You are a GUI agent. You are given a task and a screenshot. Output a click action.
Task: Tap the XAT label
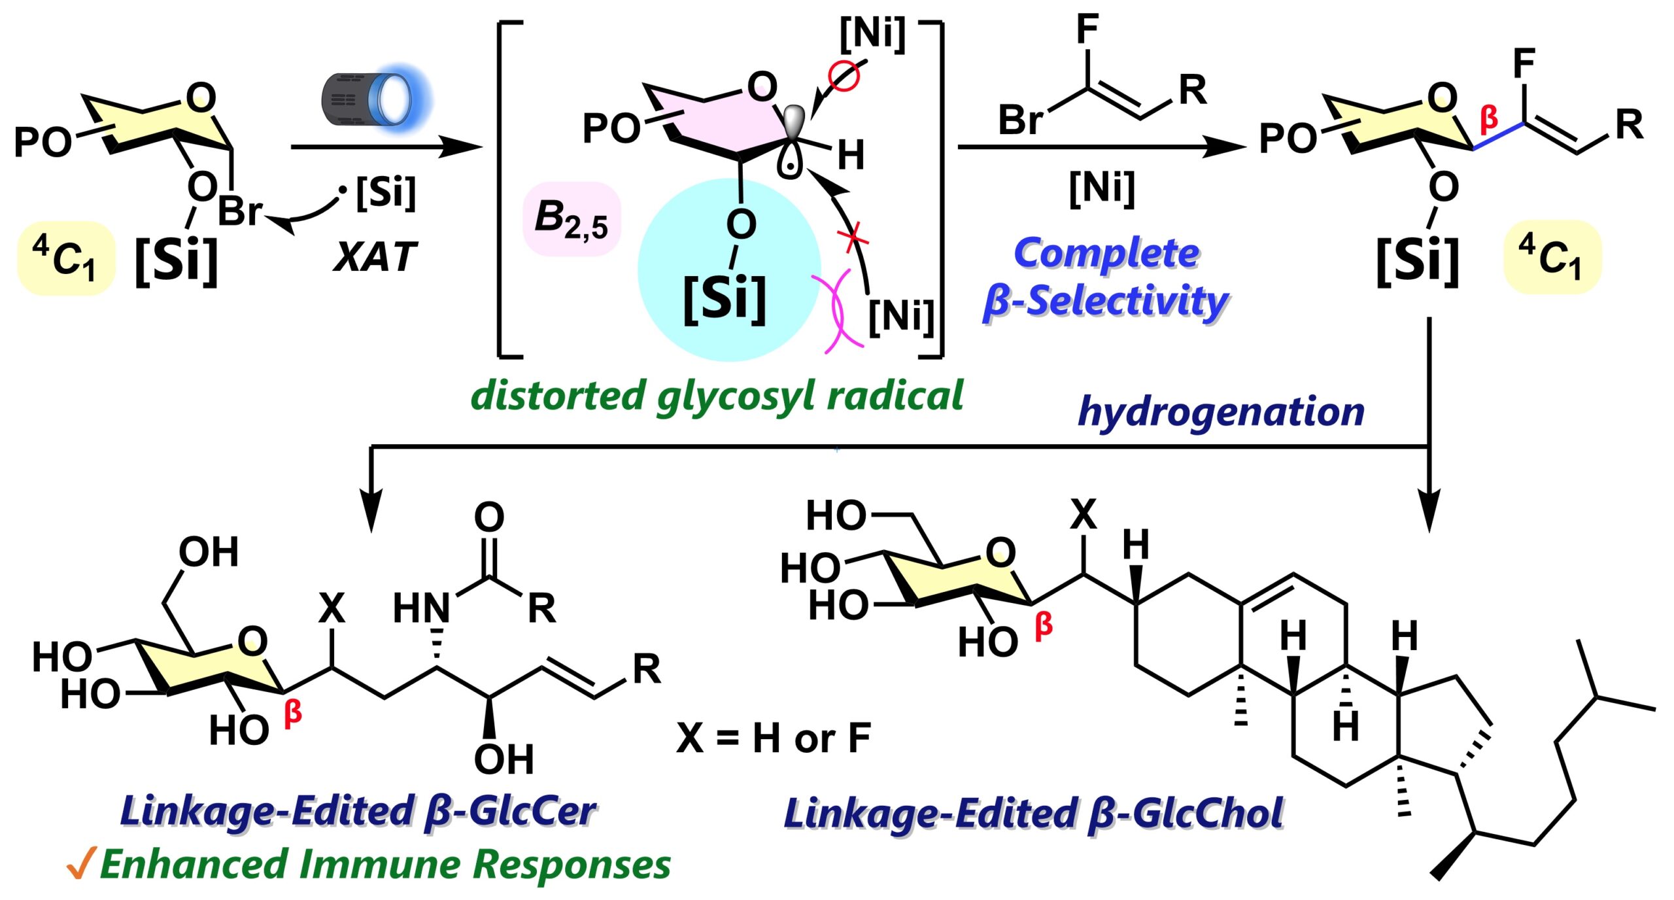click(x=374, y=256)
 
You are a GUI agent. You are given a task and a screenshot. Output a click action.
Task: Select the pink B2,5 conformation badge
click(x=571, y=218)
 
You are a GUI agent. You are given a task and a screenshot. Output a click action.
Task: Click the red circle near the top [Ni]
click(x=843, y=76)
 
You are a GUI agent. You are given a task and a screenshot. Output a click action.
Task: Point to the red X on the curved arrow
click(x=853, y=237)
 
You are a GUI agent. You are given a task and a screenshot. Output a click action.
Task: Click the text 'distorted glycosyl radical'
click(x=717, y=396)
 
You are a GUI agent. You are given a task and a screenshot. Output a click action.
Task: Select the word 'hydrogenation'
click(x=1220, y=411)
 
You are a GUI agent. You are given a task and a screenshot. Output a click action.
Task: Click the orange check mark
click(x=80, y=863)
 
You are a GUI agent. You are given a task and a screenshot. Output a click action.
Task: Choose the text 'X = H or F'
click(x=773, y=738)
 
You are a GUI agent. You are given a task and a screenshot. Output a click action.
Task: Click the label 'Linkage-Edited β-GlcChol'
click(x=1033, y=813)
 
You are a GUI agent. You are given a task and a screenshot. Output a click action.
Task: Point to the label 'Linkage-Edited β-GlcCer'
click(x=358, y=811)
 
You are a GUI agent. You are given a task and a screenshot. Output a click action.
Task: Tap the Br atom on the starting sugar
click(x=239, y=211)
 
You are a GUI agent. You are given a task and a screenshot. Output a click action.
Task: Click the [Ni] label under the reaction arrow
click(x=1102, y=188)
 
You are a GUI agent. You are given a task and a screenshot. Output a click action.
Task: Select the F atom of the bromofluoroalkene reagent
click(x=1087, y=29)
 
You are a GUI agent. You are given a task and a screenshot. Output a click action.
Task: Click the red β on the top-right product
click(x=1489, y=118)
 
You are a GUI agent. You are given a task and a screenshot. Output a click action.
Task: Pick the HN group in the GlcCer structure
click(x=421, y=608)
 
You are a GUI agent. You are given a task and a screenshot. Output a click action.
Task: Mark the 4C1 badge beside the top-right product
click(x=1552, y=256)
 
